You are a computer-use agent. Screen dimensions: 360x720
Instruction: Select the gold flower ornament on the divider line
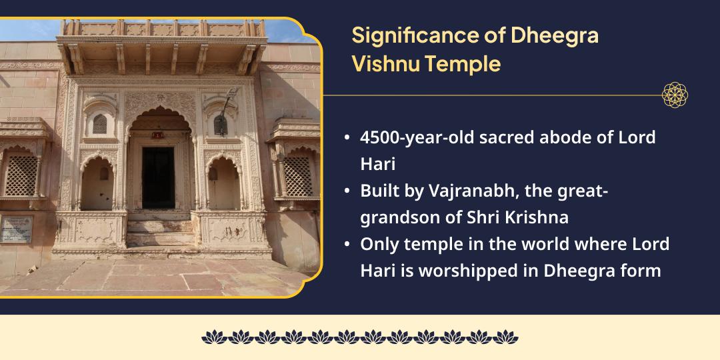point(675,95)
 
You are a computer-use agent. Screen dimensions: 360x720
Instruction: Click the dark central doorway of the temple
point(158,177)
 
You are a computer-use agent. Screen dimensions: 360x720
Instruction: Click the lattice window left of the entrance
point(22,175)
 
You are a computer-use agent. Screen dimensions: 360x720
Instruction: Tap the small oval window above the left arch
point(99,124)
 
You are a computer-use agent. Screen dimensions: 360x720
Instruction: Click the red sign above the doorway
point(157,135)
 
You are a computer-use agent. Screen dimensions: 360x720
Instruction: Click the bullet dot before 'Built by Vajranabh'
point(347,191)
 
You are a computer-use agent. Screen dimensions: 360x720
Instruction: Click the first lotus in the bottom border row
point(213,337)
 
